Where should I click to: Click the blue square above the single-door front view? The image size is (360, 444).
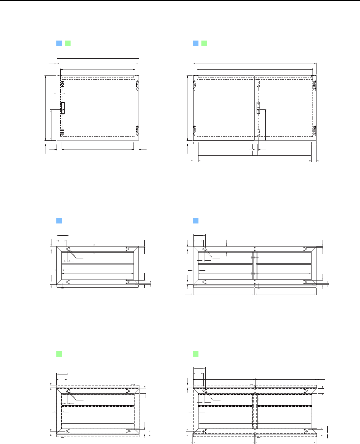coord(59,43)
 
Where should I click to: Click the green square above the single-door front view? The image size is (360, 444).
coord(68,43)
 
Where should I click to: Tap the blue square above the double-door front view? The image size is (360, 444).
coord(195,43)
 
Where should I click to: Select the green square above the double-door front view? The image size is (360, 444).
coord(204,43)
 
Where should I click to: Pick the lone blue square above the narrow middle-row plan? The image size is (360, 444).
coord(59,221)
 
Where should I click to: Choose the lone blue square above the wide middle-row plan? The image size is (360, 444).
coord(195,221)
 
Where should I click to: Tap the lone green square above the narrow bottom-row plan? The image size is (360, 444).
coord(59,354)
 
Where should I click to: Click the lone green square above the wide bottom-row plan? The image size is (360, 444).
coord(195,354)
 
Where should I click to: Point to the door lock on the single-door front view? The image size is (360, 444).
coord(63,108)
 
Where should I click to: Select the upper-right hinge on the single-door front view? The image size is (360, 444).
coord(137,85)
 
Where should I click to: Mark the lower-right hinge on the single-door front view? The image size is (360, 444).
coord(137,131)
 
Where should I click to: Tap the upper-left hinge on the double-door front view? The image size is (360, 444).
coord(195,85)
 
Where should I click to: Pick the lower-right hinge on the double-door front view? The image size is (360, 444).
coord(315,131)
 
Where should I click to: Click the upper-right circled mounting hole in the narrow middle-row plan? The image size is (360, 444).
coord(129,249)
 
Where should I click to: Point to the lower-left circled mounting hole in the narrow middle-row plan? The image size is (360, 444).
coord(67,282)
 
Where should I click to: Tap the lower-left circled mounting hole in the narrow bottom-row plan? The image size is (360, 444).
coord(67,431)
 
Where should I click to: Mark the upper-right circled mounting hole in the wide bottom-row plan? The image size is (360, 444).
coord(306,391)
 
